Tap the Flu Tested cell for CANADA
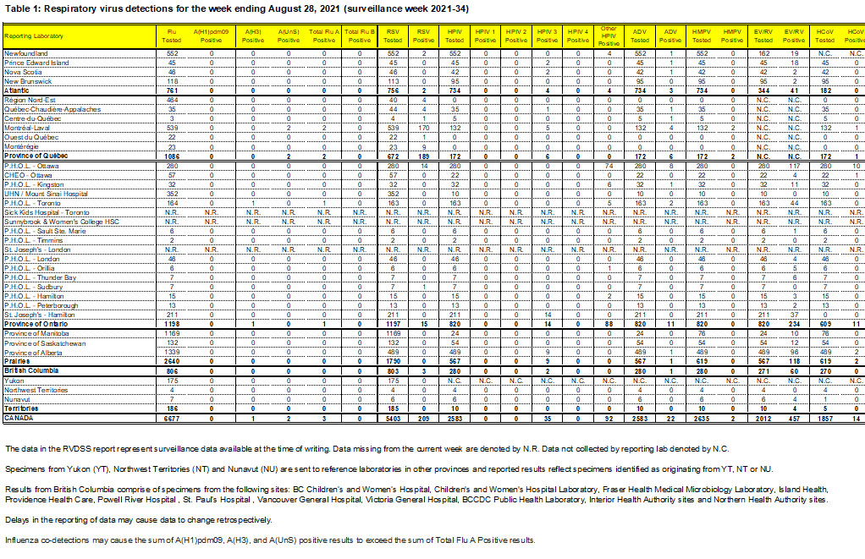[x=171, y=418]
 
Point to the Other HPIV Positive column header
[x=608, y=36]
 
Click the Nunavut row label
[x=17, y=399]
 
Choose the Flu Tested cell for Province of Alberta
[x=171, y=352]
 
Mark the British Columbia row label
[x=26, y=370]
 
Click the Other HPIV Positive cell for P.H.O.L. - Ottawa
[x=608, y=166]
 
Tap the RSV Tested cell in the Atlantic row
[x=393, y=90]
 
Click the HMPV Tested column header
[x=700, y=36]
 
